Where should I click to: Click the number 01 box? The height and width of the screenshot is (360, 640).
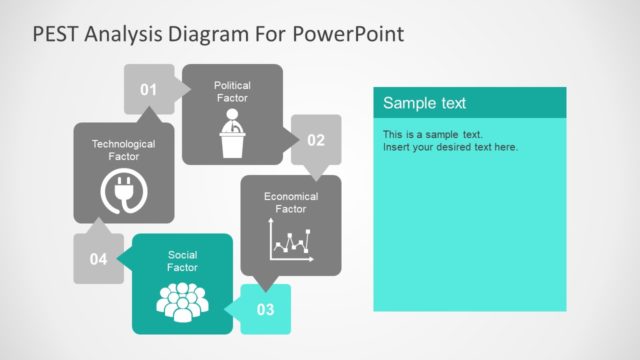(148, 90)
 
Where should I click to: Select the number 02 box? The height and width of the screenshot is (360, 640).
(315, 140)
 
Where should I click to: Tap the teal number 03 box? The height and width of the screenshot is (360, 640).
(265, 309)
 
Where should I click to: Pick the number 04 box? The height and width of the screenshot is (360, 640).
(98, 259)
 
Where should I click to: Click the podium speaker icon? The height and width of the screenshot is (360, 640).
(232, 134)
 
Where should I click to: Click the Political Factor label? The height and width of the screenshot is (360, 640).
(232, 92)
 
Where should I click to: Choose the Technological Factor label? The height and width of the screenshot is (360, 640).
(123, 150)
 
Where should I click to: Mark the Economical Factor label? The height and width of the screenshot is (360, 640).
(290, 203)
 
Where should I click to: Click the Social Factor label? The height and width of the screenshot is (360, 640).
(182, 261)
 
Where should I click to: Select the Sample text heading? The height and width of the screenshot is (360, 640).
(424, 103)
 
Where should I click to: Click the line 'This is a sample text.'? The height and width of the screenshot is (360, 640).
(432, 134)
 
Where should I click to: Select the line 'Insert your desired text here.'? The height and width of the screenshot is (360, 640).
(450, 147)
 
